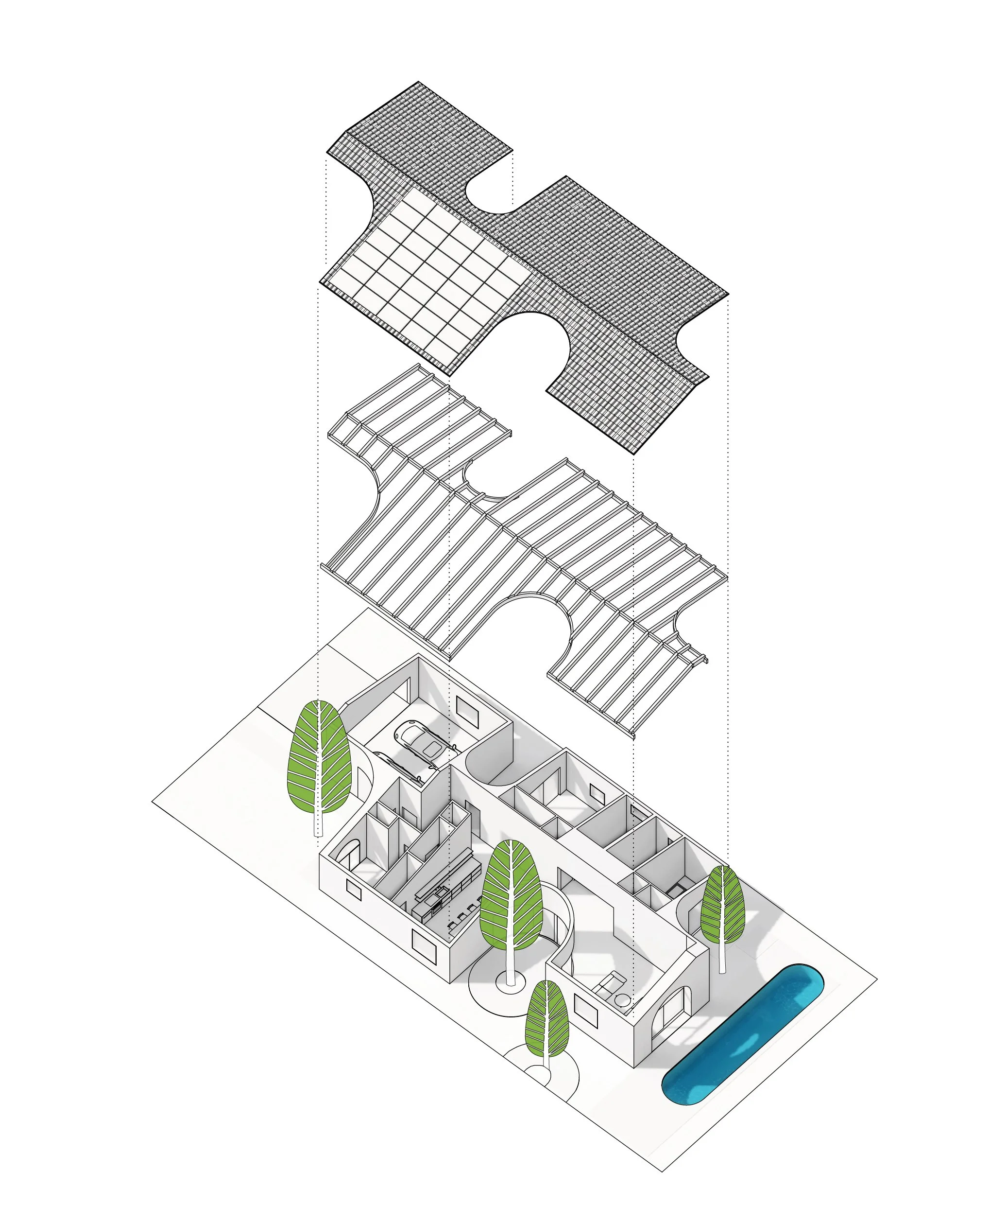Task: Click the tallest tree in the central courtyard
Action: click(511, 896)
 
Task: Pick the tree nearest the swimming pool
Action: click(722, 905)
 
